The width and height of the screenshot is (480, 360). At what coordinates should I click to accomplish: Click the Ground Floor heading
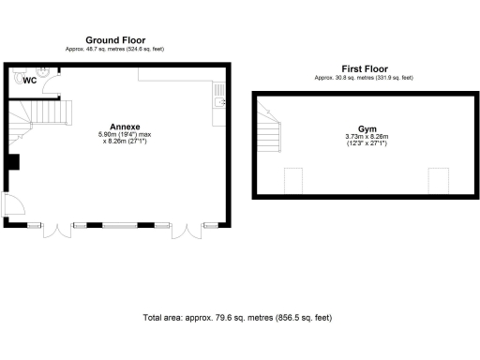pos(114,39)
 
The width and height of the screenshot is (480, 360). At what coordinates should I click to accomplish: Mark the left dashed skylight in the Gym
pos(293,180)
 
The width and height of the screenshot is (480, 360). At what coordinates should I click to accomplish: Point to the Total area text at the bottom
pos(237,318)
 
